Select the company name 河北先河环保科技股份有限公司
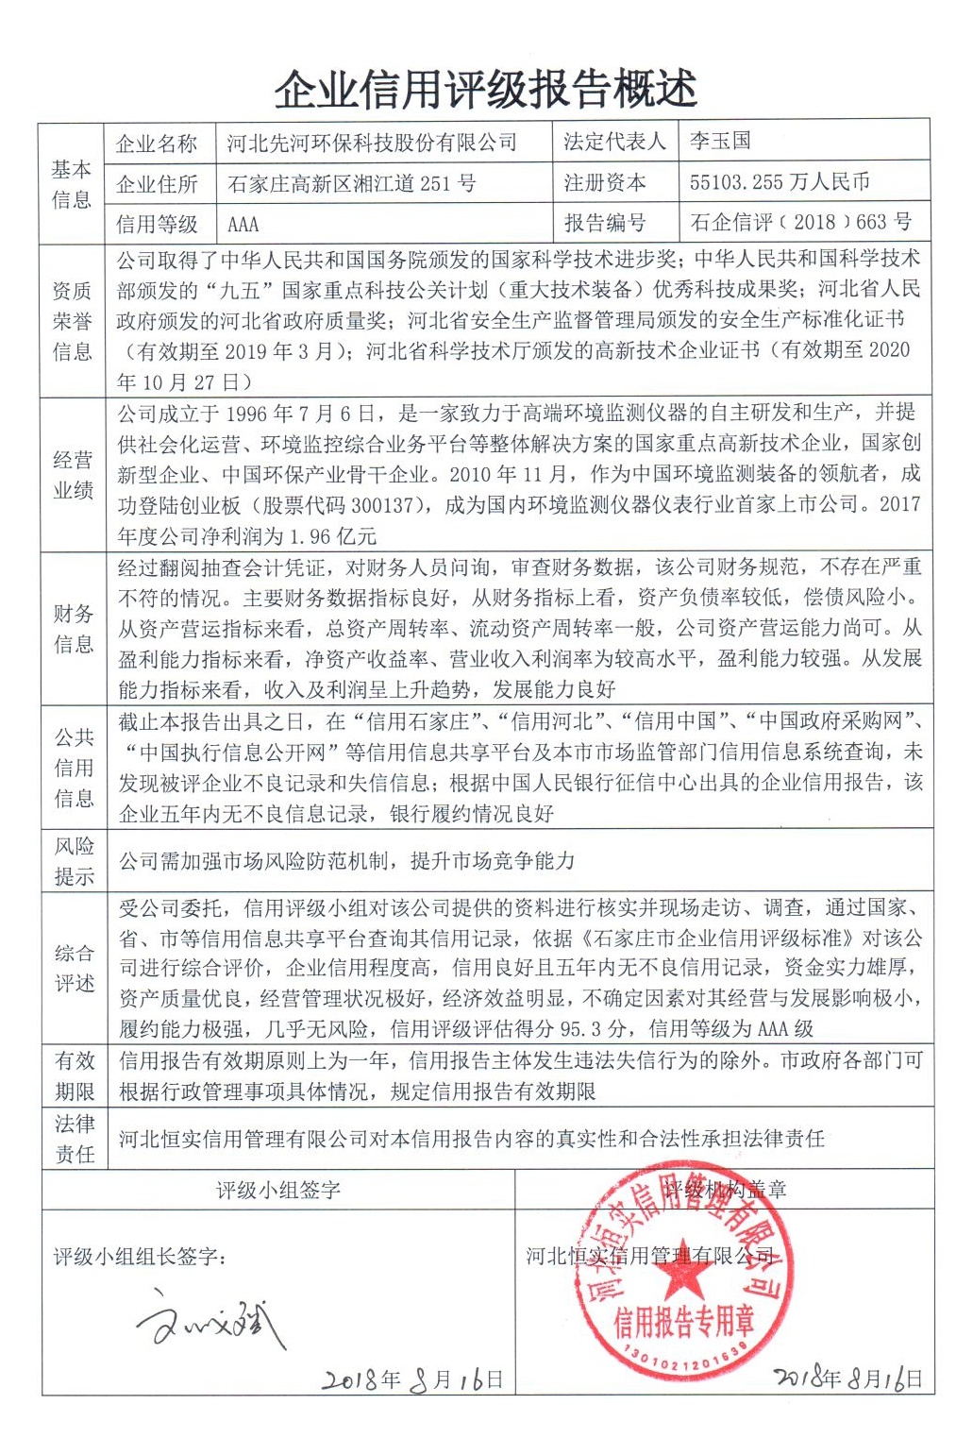pos(372,143)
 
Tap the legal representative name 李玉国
pos(720,141)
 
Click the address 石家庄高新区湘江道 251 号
pos(351,183)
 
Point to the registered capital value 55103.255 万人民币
pos(780,181)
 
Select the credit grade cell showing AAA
pos(243,225)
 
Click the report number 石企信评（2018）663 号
pos(800,222)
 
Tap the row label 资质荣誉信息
pos(73,321)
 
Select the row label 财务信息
pos(73,629)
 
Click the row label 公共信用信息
pos(73,767)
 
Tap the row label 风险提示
pos(73,860)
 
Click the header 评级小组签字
pos(278,1190)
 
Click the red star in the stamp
pos(679,1277)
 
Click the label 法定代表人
pos(614,142)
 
